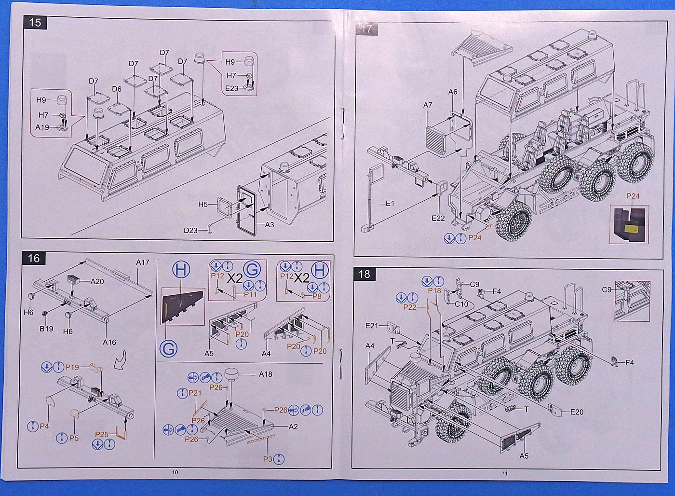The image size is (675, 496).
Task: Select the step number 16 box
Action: pos(34,258)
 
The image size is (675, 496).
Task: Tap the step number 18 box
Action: pos(364,274)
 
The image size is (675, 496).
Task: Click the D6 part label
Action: pos(117,89)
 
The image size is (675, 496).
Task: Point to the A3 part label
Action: pos(270,225)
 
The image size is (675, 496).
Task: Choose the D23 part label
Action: pos(191,231)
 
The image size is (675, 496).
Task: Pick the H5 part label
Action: pos(203,205)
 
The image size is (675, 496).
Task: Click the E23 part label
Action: pos(232,88)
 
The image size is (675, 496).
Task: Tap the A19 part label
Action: pos(42,127)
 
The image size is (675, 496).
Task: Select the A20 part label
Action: pos(97,281)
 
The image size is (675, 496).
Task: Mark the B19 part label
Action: pos(46,329)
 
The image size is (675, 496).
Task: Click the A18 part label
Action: pos(266,374)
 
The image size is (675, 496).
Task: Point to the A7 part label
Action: pos(428,105)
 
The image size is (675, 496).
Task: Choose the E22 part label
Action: pos(438,218)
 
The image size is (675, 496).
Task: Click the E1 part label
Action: pos(390,203)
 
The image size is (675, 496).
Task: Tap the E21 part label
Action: pos(372,326)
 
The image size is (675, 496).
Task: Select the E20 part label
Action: pos(577,412)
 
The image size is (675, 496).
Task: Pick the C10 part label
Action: pos(461,304)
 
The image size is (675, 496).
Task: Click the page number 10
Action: pos(175,472)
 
